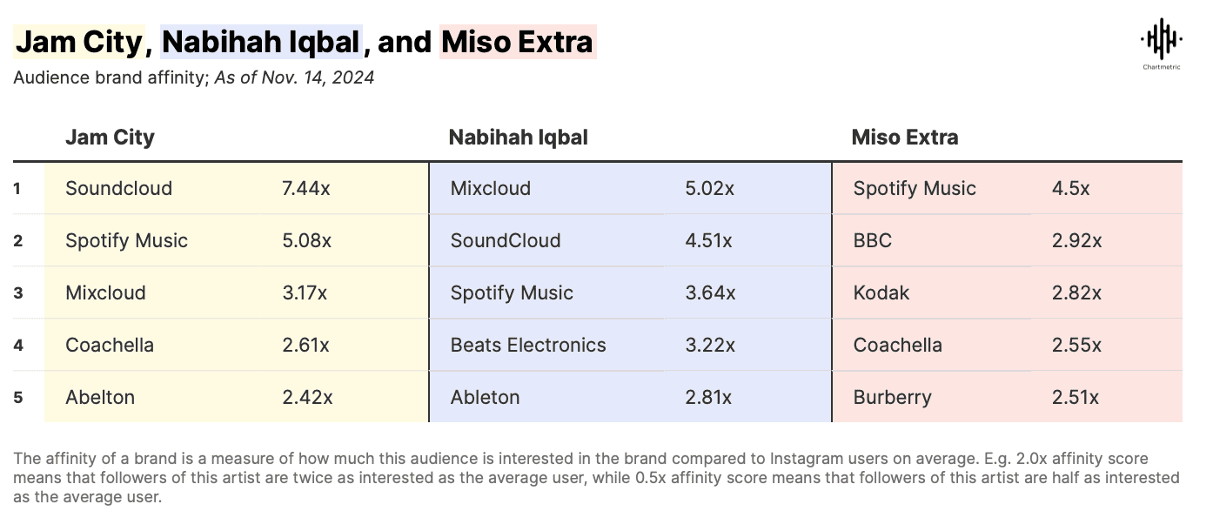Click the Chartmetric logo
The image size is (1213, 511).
[1161, 44]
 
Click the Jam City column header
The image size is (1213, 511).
[110, 138]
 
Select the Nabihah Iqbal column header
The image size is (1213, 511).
[518, 138]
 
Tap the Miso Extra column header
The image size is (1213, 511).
[905, 138]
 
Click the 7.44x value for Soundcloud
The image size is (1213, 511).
[306, 189]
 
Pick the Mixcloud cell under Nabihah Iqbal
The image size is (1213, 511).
[490, 189]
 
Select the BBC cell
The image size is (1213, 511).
[873, 241]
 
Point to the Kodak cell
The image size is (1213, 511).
[881, 293]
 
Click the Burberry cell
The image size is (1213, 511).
[892, 398]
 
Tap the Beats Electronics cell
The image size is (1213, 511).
[528, 346]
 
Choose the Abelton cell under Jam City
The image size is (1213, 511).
[100, 398]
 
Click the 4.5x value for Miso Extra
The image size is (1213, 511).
[1070, 189]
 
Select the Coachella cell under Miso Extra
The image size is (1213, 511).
[897, 346]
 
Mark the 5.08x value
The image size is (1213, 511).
[306, 241]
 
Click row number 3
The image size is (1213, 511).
[18, 293]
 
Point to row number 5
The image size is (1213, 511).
[18, 398]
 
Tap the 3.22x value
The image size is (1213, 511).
[710, 346]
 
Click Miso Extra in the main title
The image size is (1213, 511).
[518, 42]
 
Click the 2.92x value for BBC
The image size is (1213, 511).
[1076, 241]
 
